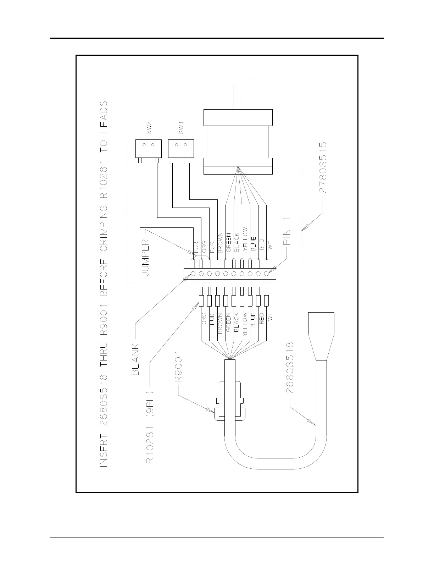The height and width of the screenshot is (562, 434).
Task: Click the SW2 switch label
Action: tap(149, 128)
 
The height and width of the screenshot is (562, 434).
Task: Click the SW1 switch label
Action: tap(181, 128)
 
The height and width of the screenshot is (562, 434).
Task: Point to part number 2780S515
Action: tap(323, 167)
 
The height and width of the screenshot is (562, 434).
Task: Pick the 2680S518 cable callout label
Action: tap(290, 368)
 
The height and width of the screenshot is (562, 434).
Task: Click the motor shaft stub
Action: tap(238, 97)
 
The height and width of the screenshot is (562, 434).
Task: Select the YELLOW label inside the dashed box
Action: tap(245, 239)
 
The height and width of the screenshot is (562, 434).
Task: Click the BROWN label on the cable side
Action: tap(220, 323)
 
